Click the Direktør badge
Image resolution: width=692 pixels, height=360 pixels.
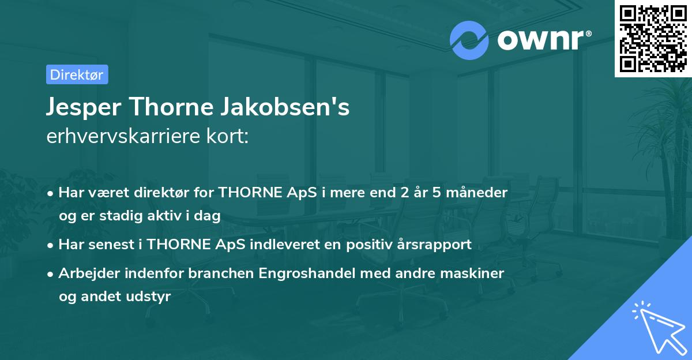(76, 74)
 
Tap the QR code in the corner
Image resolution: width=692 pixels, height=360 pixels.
(652, 38)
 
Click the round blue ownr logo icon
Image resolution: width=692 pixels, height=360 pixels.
(469, 40)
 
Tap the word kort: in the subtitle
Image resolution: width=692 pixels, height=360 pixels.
(228, 137)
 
